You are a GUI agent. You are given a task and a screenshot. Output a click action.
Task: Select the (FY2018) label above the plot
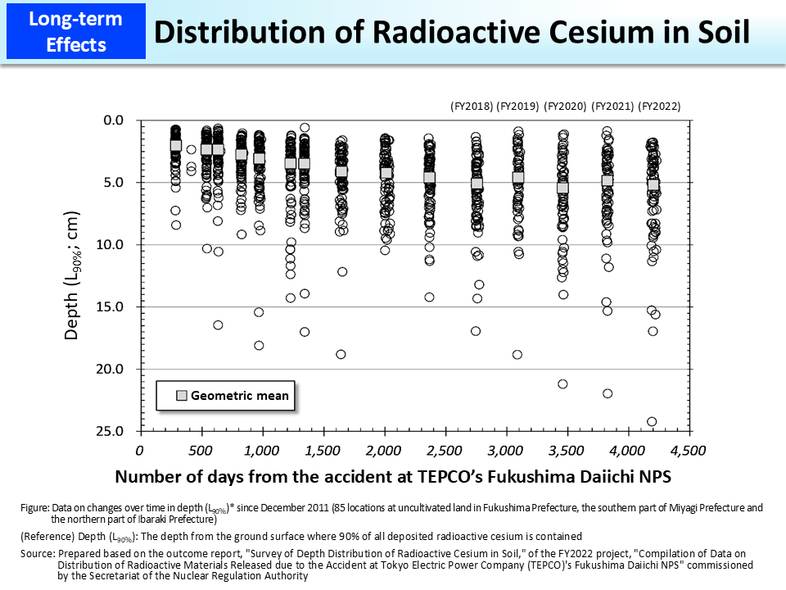pyautogui.click(x=472, y=106)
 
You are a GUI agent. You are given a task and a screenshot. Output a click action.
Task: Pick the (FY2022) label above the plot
pyautogui.click(x=659, y=106)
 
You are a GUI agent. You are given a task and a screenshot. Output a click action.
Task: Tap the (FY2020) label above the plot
pyautogui.click(x=566, y=106)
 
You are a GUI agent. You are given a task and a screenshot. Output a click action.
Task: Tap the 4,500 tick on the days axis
pyautogui.click(x=688, y=450)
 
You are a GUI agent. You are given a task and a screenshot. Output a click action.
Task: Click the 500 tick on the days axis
pyautogui.click(x=201, y=450)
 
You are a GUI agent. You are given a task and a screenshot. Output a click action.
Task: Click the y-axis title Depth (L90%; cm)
pyautogui.click(x=75, y=276)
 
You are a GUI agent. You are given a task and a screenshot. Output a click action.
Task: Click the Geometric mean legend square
pyautogui.click(x=182, y=396)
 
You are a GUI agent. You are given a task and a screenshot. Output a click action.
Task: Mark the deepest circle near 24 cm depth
pyautogui.click(x=652, y=422)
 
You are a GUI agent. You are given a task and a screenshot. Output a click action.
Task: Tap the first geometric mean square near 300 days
pyautogui.click(x=176, y=145)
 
